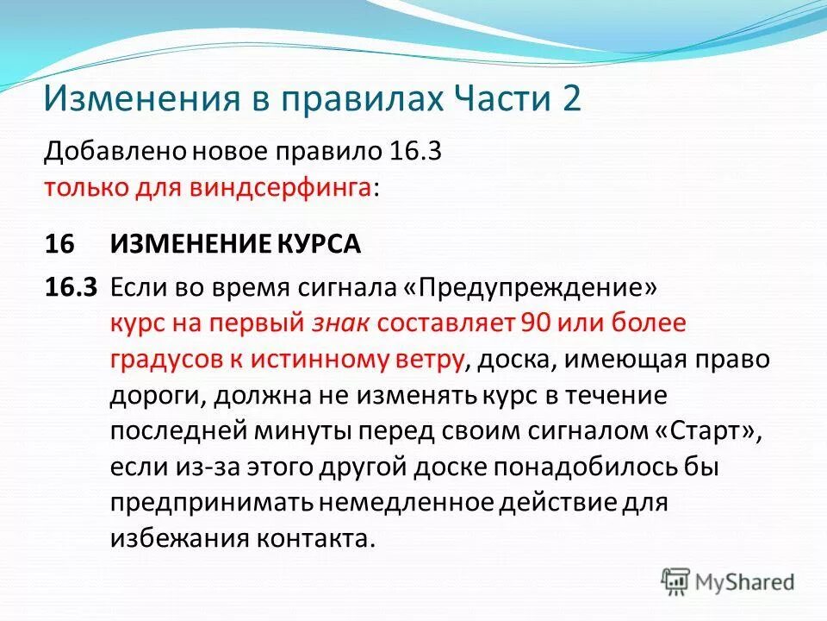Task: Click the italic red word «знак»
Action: (x=339, y=323)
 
